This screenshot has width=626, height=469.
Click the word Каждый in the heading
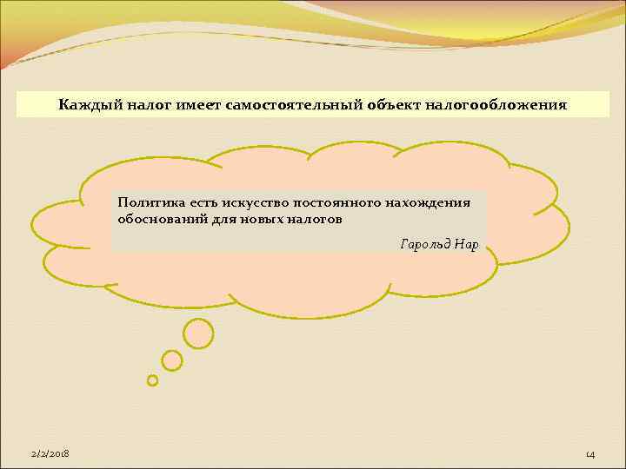click(x=90, y=105)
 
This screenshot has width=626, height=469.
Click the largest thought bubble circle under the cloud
click(x=198, y=332)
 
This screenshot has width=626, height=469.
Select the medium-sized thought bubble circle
click(x=172, y=360)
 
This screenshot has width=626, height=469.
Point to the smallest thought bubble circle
click(x=153, y=380)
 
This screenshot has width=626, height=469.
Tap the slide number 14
click(x=590, y=455)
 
